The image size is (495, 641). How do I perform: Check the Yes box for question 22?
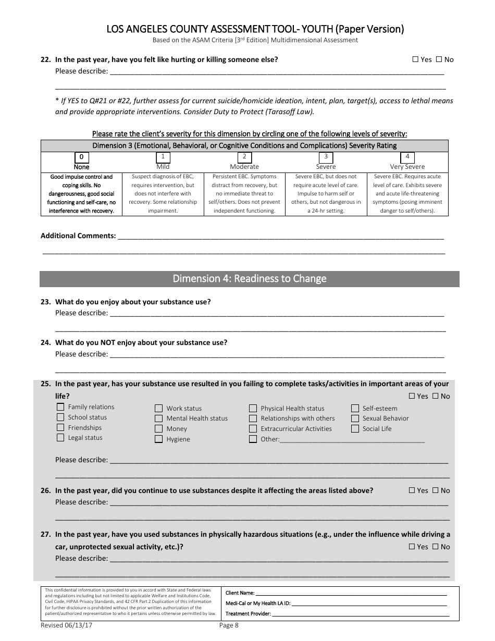pyautogui.click(x=415, y=59)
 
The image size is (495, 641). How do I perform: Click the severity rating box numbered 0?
pyautogui.click(x=81, y=157)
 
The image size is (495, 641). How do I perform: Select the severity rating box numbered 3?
pyautogui.click(x=326, y=156)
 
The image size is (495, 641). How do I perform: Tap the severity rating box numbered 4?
pyautogui.click(x=407, y=156)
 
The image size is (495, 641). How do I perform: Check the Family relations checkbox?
pyautogui.click(x=60, y=407)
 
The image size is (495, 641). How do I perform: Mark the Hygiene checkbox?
pyautogui.click(x=158, y=439)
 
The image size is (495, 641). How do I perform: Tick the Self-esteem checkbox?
pyautogui.click(x=355, y=408)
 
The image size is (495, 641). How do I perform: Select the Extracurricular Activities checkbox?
pyautogui.click(x=253, y=429)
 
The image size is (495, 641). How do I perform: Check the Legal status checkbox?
pyautogui.click(x=60, y=438)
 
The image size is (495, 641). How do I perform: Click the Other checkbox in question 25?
pyautogui.click(x=253, y=439)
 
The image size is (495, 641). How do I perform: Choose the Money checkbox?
pyautogui.click(x=158, y=428)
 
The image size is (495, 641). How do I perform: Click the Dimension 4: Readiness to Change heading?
pyautogui.click(x=249, y=279)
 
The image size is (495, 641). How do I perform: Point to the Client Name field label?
pyautogui.click(x=240, y=593)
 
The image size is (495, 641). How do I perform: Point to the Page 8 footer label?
pyautogui.click(x=229, y=625)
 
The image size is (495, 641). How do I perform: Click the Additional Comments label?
pyautogui.click(x=78, y=236)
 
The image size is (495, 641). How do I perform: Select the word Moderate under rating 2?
pyautogui.click(x=244, y=167)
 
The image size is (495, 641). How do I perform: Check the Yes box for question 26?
pyautogui.click(x=412, y=490)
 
